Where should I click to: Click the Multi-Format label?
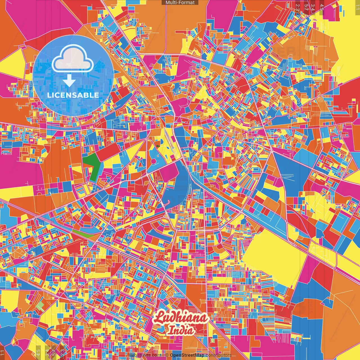[180, 3]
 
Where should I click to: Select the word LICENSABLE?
[73, 95]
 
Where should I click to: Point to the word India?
[181, 330]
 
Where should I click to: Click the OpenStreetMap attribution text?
[187, 355]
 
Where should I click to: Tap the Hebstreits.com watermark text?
[143, 355]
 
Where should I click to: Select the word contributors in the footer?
[218, 355]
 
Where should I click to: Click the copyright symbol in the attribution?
[167, 355]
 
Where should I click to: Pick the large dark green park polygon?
[93, 166]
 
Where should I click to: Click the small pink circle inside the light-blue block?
[154, 161]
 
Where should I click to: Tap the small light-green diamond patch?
[40, 306]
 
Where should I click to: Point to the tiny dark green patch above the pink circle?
[158, 146]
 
